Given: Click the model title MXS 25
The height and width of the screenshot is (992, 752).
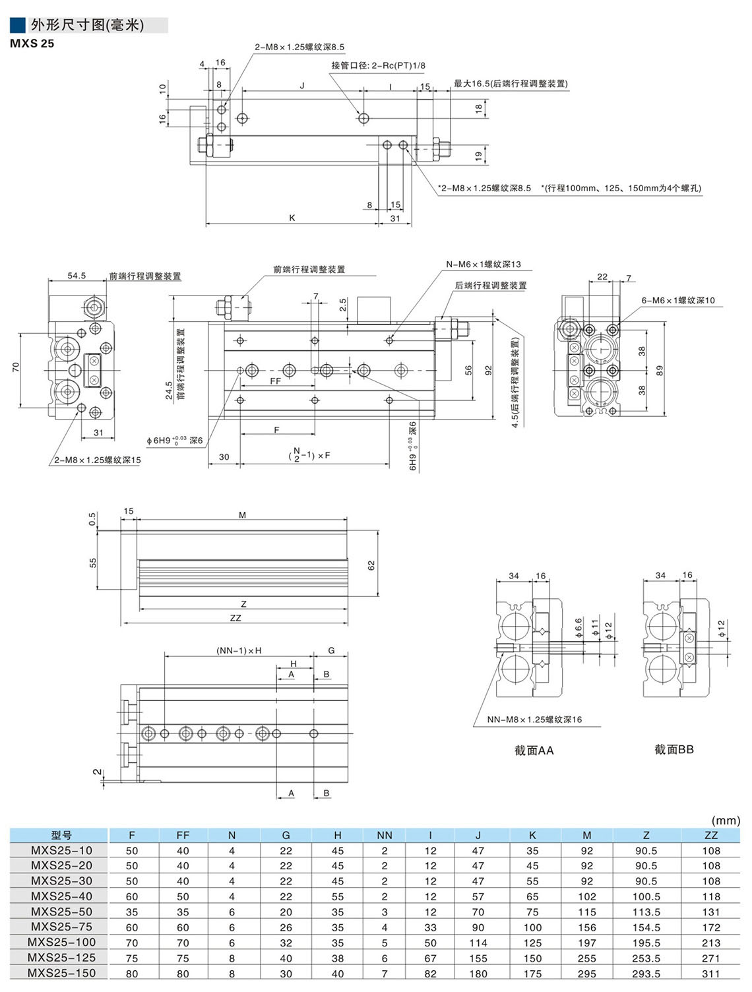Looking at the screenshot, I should (x=32, y=44).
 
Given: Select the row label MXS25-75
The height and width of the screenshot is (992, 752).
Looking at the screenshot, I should (x=61, y=927).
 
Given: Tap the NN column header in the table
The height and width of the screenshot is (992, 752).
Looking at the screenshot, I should (x=385, y=835).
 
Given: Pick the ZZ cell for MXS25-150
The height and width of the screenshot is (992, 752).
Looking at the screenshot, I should (x=710, y=973).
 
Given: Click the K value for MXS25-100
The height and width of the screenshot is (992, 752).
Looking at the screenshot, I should (x=532, y=943).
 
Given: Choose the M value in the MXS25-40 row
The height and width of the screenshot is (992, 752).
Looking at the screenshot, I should (x=586, y=896).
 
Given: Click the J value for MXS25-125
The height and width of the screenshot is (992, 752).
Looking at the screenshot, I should (x=478, y=958).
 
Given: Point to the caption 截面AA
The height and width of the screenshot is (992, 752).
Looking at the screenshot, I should (x=534, y=751).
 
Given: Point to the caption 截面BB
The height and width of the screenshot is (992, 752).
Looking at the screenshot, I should (x=674, y=749).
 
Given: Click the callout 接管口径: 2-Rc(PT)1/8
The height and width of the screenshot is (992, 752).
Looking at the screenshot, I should (x=378, y=65).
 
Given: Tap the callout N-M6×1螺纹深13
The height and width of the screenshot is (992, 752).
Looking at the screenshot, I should (x=483, y=264).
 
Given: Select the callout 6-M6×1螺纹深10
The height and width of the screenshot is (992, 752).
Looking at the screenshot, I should (x=677, y=300).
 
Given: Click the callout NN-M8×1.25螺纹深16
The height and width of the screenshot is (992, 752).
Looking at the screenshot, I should (x=534, y=720).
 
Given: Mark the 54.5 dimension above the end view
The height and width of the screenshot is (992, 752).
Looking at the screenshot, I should (x=77, y=276).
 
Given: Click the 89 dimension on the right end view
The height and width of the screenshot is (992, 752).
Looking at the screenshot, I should (x=659, y=371).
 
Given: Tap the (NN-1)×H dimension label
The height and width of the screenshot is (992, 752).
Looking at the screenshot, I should (x=239, y=650).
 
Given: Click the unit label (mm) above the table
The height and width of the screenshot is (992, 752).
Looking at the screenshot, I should (x=726, y=821).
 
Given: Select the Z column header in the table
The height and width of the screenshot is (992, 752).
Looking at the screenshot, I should (x=646, y=835).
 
